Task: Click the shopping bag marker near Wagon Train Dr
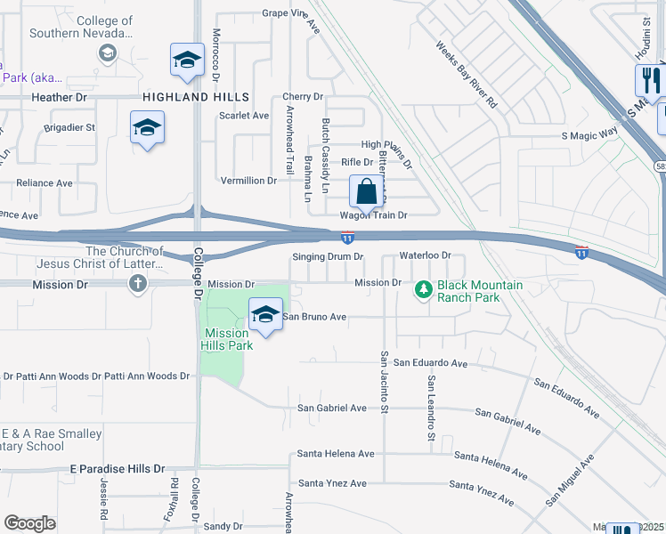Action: click(x=366, y=190)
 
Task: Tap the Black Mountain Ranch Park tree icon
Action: click(x=424, y=289)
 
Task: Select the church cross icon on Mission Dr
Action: click(x=136, y=284)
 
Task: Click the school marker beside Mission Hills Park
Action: click(x=264, y=313)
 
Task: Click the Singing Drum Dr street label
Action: click(x=329, y=256)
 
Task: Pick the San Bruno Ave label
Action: click(x=314, y=316)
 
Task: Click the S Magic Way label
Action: click(x=589, y=133)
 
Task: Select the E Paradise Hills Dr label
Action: click(x=118, y=468)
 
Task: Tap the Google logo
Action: click(x=29, y=523)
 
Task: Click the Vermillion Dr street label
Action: click(x=248, y=181)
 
